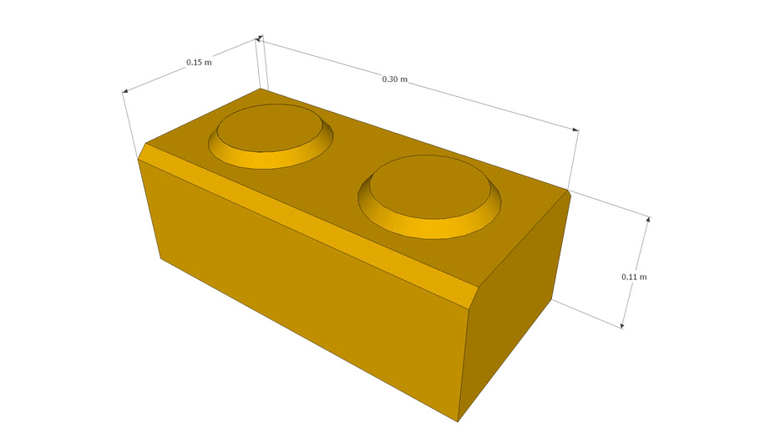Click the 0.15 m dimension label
pyautogui.click(x=199, y=62)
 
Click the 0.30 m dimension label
pyautogui.click(x=394, y=79)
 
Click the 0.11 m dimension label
pyautogui.click(x=634, y=276)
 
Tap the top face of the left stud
pyautogui.click(x=269, y=127)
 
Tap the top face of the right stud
pyautogui.click(x=429, y=181)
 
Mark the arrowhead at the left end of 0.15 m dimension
pyautogui.click(x=125, y=91)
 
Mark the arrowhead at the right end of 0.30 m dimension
pyautogui.click(x=575, y=130)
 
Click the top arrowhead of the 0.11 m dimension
pyautogui.click(x=647, y=219)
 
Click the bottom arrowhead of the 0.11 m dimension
pyautogui.click(x=622, y=326)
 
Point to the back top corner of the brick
pyautogui.click(x=261, y=88)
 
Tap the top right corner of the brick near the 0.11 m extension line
pyautogui.click(x=570, y=191)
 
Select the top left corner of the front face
pyautogui.click(x=138, y=159)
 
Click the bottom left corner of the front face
pyautogui.click(x=160, y=258)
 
